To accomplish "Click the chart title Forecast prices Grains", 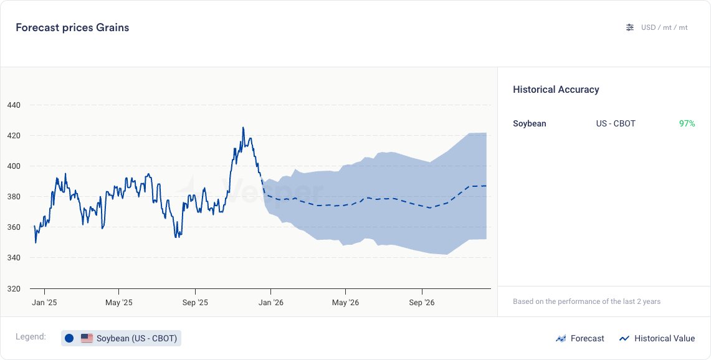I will (72, 27).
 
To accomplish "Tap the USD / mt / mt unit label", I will (664, 27).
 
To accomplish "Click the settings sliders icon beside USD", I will (630, 27).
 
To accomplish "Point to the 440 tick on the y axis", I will (14, 105).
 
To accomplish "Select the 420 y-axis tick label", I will (14, 136).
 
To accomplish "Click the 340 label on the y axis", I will (14, 258).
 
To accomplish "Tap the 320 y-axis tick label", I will (14, 289).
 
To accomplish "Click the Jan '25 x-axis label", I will (44, 303).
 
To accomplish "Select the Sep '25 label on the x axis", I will (195, 303).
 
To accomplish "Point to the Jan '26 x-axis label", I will (270, 303).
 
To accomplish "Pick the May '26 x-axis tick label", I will (346, 303).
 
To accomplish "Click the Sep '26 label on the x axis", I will (422, 303).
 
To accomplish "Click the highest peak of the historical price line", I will (243, 128).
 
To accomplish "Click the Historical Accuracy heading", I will (556, 90).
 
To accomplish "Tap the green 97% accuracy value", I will (687, 123).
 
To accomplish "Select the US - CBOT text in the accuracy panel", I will (616, 123).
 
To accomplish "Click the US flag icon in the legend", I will (87, 338).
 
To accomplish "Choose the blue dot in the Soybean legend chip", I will (69, 338).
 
